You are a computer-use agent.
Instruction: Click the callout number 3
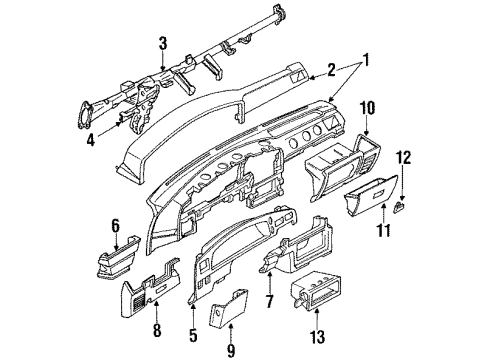[x=163, y=44]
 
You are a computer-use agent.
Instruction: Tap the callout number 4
[x=91, y=140]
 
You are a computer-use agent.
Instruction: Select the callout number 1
[x=365, y=61]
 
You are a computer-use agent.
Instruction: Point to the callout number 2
[x=331, y=70]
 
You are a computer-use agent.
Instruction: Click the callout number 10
[x=367, y=108]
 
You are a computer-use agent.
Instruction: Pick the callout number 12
[x=404, y=158]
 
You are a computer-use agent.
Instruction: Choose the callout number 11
[x=384, y=230]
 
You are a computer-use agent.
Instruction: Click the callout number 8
[x=157, y=330]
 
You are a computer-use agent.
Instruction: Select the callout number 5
[x=193, y=335]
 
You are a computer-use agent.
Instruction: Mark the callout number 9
[x=231, y=350]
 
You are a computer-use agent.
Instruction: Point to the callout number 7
[x=269, y=301]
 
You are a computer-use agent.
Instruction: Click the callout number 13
[x=317, y=336]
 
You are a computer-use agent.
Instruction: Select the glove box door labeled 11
[x=371, y=195]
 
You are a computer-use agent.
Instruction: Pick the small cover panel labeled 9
[x=228, y=308]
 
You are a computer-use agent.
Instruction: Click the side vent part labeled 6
[x=118, y=257]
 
